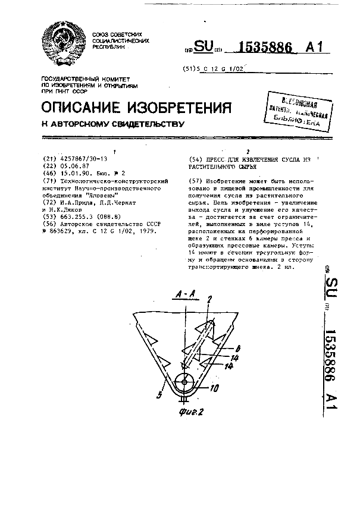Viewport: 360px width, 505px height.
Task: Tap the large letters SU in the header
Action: (204, 48)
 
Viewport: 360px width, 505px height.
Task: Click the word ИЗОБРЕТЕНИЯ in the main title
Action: (178, 107)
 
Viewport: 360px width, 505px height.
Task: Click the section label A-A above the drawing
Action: (185, 293)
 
